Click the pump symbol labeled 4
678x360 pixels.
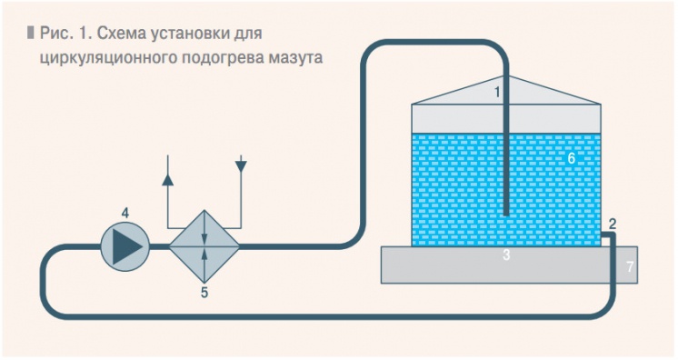coord(125,245)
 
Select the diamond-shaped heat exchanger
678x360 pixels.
coord(204,245)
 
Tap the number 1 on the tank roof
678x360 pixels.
coord(498,92)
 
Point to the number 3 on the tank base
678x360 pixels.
coord(506,257)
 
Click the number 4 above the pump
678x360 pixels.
coord(571,158)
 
